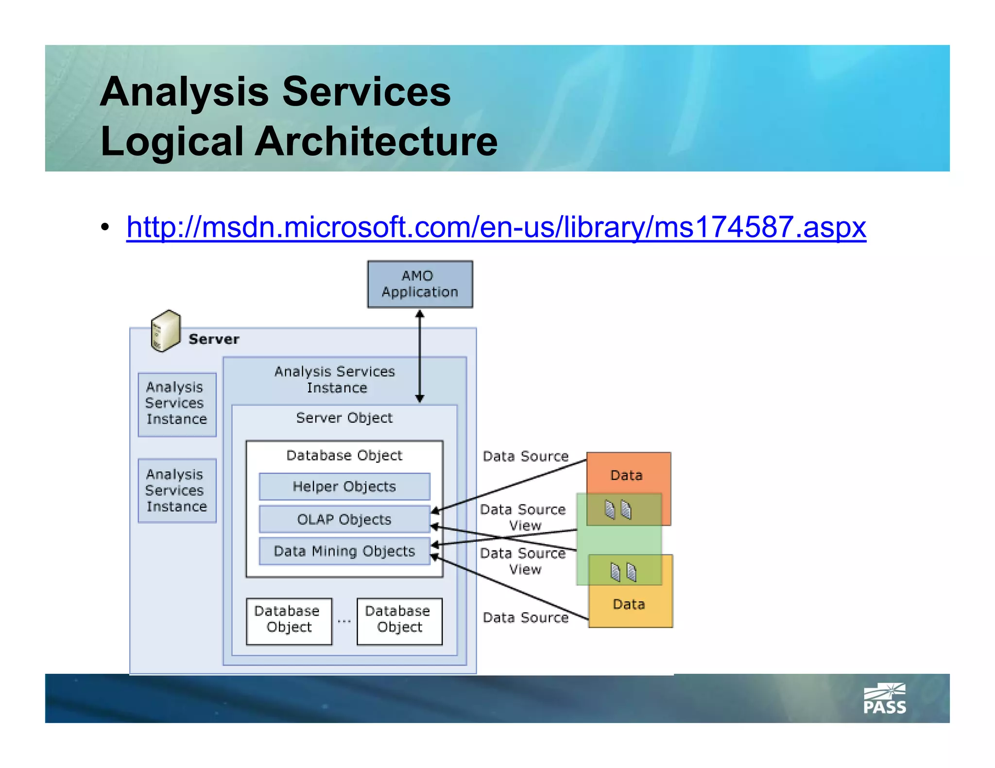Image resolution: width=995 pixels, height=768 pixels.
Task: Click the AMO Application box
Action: pyautogui.click(x=420, y=284)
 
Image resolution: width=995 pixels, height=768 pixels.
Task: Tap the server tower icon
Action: pyautogui.click(x=165, y=331)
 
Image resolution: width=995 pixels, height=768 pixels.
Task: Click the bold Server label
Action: pyautogui.click(x=214, y=339)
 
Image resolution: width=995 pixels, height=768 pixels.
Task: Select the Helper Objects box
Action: pyautogui.click(x=344, y=486)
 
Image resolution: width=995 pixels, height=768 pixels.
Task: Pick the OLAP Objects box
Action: pyautogui.click(x=344, y=519)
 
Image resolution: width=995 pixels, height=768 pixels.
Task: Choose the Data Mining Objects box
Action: pyautogui.click(x=344, y=551)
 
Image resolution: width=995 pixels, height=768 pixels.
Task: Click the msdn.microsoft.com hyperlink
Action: pyautogui.click(x=496, y=227)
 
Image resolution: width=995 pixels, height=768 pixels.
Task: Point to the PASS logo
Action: pyautogui.click(x=884, y=699)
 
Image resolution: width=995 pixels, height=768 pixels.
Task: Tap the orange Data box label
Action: pyautogui.click(x=626, y=475)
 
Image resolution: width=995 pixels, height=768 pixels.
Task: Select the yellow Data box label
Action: pyautogui.click(x=629, y=604)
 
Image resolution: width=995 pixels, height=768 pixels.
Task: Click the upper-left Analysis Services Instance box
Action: pyautogui.click(x=177, y=403)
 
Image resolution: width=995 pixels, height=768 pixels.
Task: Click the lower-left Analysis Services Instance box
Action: pyautogui.click(x=177, y=490)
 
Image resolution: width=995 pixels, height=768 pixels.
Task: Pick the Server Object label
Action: pyautogui.click(x=344, y=417)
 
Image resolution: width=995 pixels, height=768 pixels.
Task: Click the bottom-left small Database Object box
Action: pyautogui.click(x=289, y=621)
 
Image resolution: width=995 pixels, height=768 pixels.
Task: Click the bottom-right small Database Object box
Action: pyautogui.click(x=399, y=621)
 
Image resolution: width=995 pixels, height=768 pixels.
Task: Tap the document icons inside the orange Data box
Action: pyautogui.click(x=618, y=510)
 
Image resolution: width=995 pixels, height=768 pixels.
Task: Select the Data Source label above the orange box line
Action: pyautogui.click(x=525, y=456)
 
